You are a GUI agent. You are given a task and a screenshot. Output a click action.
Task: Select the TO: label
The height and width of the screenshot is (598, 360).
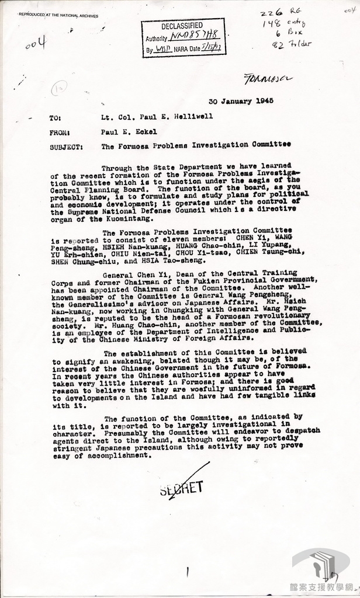pos(56,117)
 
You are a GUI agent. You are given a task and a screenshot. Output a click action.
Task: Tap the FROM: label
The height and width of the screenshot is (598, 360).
pos(60,133)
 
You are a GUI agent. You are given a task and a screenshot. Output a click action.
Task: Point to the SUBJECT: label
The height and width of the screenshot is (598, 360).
pos(66,147)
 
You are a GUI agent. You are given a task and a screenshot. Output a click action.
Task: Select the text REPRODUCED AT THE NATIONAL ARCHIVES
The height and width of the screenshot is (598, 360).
pos(58,15)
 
